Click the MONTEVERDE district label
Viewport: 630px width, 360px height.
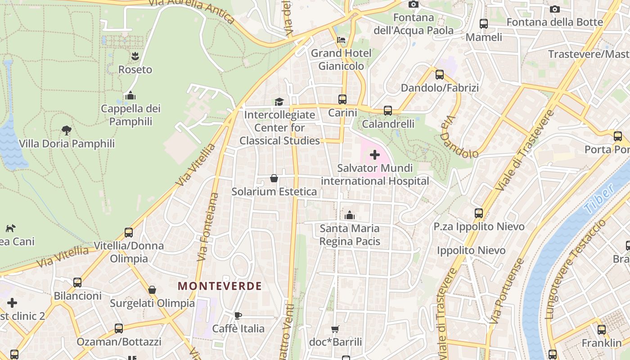pos(220,286)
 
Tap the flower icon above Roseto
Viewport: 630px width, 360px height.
pos(135,56)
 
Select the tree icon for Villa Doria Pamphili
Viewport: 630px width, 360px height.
pos(67,130)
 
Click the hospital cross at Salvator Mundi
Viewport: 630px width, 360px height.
pos(374,155)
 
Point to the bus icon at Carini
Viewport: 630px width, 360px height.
pos(342,99)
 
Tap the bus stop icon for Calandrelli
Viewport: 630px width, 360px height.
pos(387,110)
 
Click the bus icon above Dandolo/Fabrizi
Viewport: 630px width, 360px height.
pos(440,74)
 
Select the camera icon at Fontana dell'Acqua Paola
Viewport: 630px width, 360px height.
pos(413,4)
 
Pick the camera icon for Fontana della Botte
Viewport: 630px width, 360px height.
pos(555,9)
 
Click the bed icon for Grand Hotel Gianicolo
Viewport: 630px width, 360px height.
pos(341,40)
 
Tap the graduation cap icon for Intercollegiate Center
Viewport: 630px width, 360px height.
pos(279,102)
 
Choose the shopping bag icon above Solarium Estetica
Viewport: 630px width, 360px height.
pos(274,179)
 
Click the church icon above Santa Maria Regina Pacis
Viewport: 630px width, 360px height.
pos(350,216)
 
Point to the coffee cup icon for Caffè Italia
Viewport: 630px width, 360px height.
pos(238,315)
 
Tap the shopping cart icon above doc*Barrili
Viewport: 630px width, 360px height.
pos(335,329)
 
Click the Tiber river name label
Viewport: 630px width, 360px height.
pos(599,198)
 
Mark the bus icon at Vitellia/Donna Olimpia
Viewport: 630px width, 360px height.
pos(129,233)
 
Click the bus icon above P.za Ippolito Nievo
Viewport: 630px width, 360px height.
pos(479,213)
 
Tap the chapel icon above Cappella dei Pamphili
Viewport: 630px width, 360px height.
pos(130,95)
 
